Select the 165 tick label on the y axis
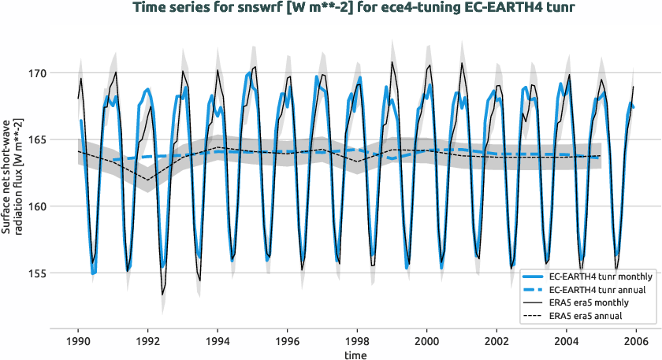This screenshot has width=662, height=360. (38, 140)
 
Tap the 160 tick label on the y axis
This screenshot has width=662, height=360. (38, 206)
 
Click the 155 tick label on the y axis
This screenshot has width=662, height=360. (38, 273)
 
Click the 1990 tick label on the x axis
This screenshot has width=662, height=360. (78, 340)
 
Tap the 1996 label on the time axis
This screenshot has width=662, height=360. (288, 340)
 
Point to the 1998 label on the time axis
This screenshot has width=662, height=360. (357, 340)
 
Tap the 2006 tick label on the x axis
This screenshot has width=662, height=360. (636, 340)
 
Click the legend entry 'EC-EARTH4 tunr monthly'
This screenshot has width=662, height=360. (600, 277)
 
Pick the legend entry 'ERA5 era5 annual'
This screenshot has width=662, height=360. (587, 315)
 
